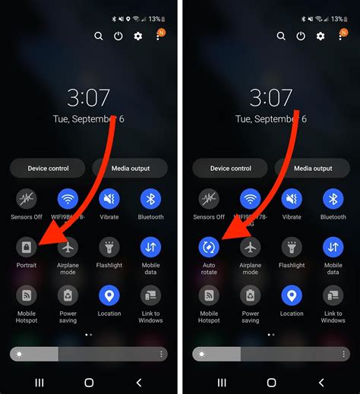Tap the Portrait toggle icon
pyautogui.click(x=27, y=247)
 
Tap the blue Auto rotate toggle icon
pyautogui.click(x=209, y=247)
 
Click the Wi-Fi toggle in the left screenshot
pyautogui.click(x=68, y=200)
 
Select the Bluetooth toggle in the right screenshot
pyautogui.click(x=333, y=200)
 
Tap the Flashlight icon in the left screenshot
pyautogui.click(x=109, y=247)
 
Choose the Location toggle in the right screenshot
pyautogui.click(x=292, y=295)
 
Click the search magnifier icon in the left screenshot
pyautogui.click(x=99, y=36)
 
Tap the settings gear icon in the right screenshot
pyautogui.click(x=321, y=36)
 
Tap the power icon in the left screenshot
pyautogui.click(x=118, y=36)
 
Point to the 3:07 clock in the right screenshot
pyautogui.click(x=271, y=98)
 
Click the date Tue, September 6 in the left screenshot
pyautogui.click(x=89, y=119)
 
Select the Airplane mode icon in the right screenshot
pyautogui.click(x=250, y=247)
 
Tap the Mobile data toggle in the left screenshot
pyautogui.click(x=150, y=247)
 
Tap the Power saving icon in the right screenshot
pyautogui.click(x=250, y=295)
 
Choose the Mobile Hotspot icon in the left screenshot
pyautogui.click(x=27, y=295)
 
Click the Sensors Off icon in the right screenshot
pyautogui.click(x=209, y=200)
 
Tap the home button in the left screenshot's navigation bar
pyautogui.click(x=89, y=382)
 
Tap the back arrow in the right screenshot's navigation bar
pyautogui.click(x=321, y=382)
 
